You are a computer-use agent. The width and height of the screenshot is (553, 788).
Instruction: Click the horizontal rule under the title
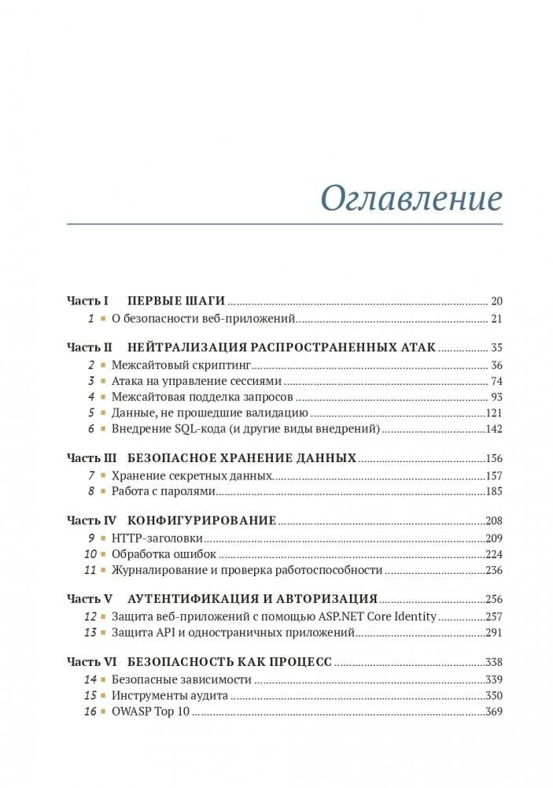(x=284, y=224)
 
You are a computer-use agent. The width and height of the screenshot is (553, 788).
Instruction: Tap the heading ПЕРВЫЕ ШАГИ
(x=176, y=301)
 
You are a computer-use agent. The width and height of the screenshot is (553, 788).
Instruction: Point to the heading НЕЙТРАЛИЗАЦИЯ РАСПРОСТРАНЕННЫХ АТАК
(x=281, y=347)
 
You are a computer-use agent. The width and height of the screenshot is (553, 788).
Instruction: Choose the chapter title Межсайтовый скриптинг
(x=180, y=365)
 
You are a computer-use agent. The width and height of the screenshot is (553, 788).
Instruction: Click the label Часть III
(x=91, y=458)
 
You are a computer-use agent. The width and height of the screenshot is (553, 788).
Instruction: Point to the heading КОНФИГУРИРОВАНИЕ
(x=201, y=521)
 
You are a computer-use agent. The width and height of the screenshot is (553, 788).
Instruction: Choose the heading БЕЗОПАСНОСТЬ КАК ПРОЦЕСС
(x=229, y=662)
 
